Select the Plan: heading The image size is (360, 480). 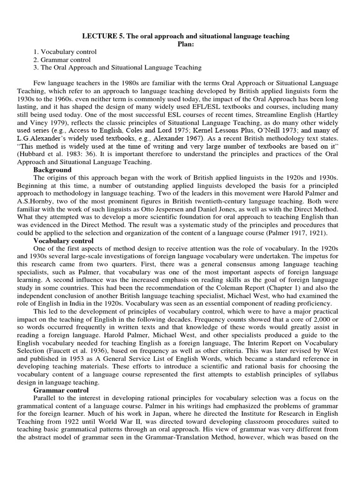pos(186,44)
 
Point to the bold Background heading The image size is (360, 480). pos(52,170)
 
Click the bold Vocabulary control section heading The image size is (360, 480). pos(63,241)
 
